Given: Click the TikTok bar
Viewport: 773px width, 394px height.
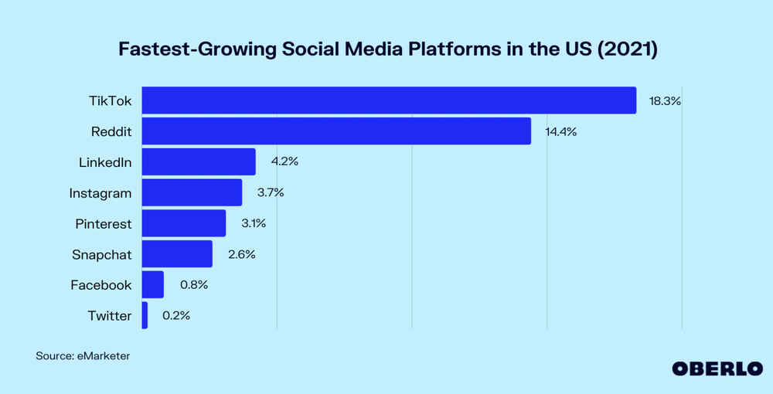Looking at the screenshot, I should [389, 100].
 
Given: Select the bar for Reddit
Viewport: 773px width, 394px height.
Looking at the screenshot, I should [336, 131].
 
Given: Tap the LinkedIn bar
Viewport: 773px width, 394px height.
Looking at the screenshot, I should [199, 162].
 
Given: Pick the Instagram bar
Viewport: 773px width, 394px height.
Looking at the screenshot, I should [192, 192].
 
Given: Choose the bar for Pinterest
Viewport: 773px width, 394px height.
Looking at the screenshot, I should [184, 223].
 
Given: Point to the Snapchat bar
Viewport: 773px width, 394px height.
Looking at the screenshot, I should [177, 254].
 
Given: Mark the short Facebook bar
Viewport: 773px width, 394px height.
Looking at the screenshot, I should [153, 284].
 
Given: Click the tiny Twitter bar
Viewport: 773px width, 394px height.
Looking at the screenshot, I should [145, 315].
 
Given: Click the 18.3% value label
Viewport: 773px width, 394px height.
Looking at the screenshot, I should [665, 100].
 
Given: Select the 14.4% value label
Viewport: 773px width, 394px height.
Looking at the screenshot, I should [560, 131].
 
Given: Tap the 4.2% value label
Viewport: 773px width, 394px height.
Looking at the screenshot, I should [284, 162].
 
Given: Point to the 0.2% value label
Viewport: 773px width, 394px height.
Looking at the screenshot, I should [175, 315].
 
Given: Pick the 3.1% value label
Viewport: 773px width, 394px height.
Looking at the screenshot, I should [253, 223].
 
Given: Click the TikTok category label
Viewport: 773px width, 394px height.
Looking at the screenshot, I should [111, 100].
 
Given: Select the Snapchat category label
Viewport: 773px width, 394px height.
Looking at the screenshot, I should [101, 254].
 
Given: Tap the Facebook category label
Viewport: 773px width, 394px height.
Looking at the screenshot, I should [100, 284].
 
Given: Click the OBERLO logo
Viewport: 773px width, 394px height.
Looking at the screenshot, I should [717, 369].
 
